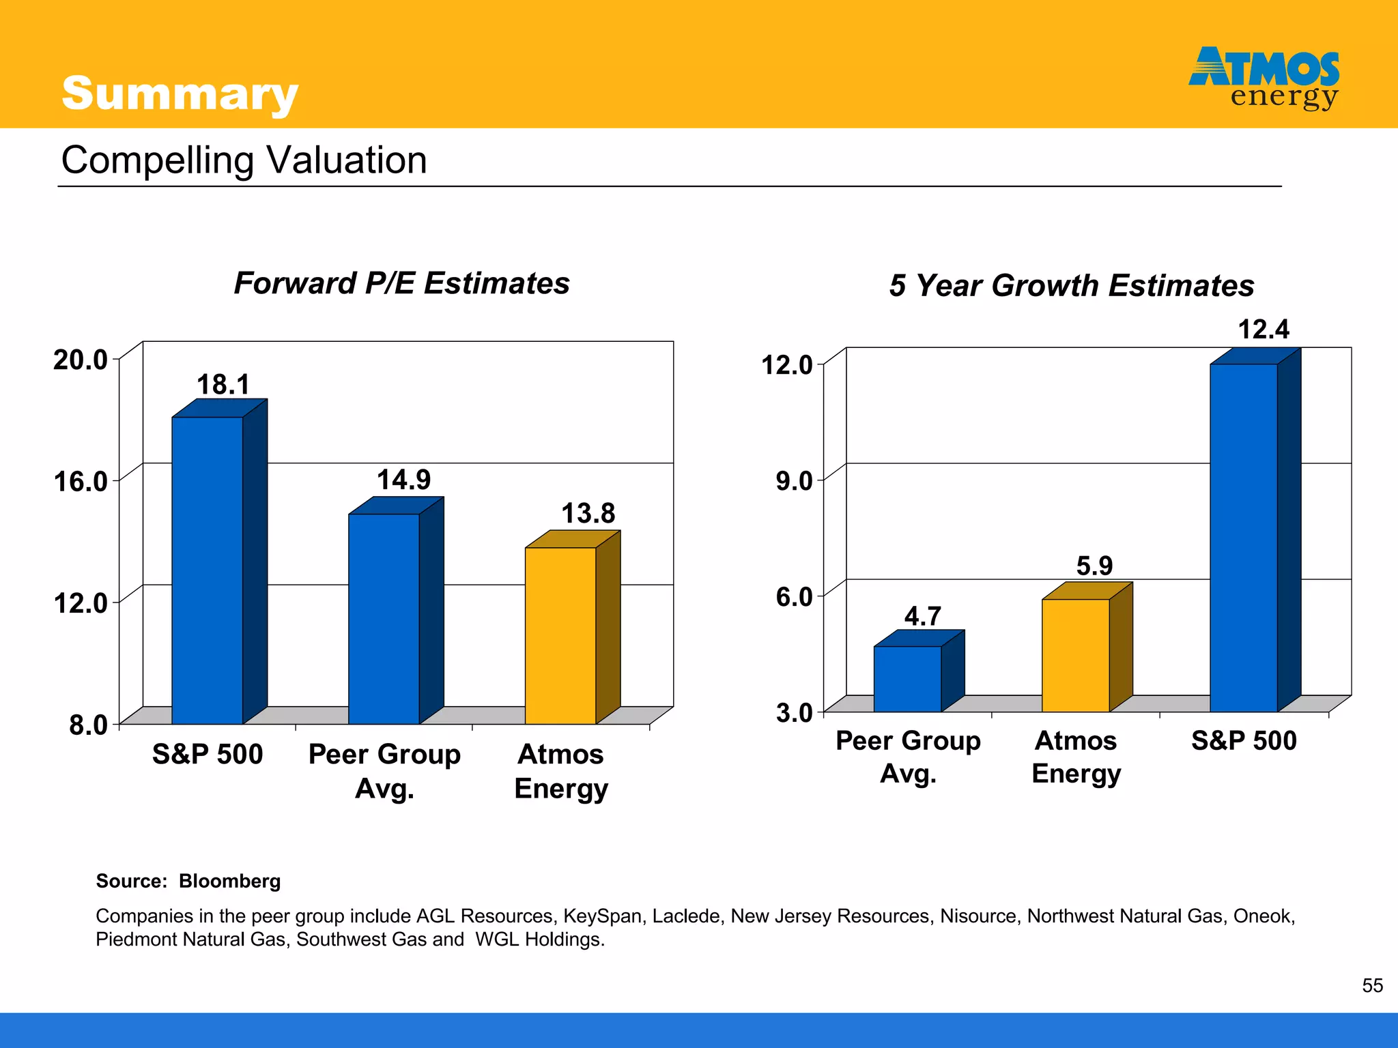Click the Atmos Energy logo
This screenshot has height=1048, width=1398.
coord(1264,77)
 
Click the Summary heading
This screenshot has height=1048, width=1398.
coord(180,93)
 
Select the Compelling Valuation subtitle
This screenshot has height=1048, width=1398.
coord(244,160)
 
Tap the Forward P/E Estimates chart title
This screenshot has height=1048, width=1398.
coord(401,283)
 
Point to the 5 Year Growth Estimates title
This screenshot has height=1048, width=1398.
coord(1071,285)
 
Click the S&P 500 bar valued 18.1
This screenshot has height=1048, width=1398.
coord(208,570)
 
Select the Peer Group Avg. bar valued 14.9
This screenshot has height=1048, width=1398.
coord(384,618)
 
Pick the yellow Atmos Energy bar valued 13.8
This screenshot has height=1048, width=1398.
coord(560,635)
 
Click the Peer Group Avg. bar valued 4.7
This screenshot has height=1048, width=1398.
coord(907,679)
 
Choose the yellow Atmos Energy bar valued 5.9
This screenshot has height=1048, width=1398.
coord(1076,655)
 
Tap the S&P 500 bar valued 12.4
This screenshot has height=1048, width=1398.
coord(1244,538)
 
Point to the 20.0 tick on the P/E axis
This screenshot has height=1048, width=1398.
coord(81,360)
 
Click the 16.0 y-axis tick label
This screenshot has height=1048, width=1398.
coord(81,482)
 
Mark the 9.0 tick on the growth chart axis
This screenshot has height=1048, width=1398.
coord(794,481)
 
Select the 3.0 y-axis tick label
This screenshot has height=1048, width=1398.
coord(794,713)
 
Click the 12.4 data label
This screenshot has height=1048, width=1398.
coord(1264,330)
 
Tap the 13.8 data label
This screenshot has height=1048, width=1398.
coord(588,513)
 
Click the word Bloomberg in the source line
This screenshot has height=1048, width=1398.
coord(229,881)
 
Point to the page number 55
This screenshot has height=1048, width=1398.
coord(1372,985)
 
